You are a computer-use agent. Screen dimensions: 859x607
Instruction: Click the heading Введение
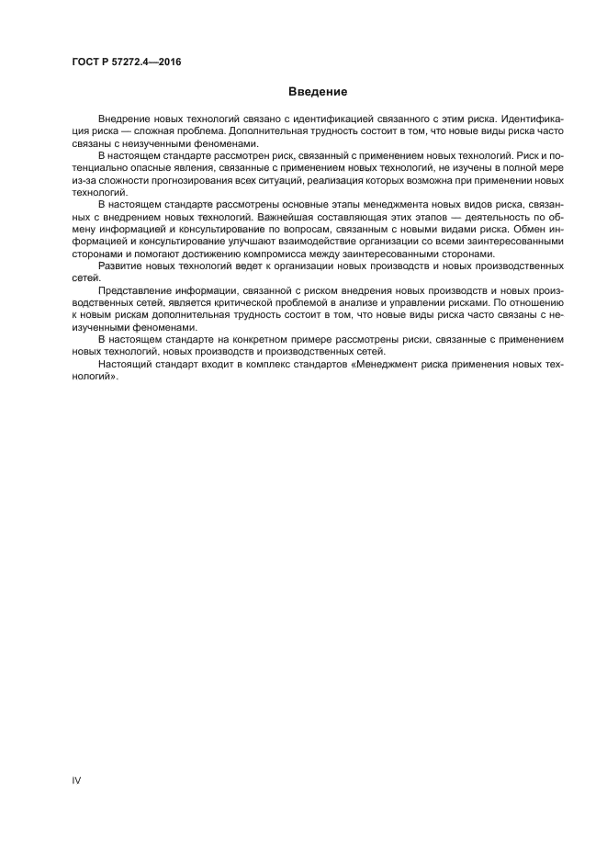318,92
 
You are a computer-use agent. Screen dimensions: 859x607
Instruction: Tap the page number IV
77,780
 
